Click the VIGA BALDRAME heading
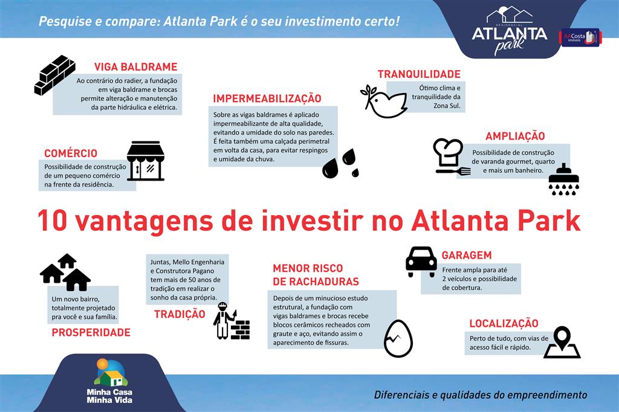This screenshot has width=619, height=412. pyautogui.click(x=136, y=66)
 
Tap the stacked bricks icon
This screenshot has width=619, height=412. pyautogui.click(x=54, y=75)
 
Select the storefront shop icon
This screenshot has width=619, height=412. pyautogui.click(x=146, y=161)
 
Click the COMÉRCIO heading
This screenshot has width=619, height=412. pyautogui.click(x=71, y=153)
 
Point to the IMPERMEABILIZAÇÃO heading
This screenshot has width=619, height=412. pyautogui.click(x=267, y=98)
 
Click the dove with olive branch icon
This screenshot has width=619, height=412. pyautogui.click(x=383, y=101)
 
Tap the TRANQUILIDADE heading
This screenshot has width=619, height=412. pyautogui.click(x=419, y=74)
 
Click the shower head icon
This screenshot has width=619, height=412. pyautogui.click(x=564, y=179)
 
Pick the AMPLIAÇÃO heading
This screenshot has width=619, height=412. pyautogui.click(x=515, y=136)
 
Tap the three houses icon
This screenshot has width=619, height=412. pyautogui.click(x=65, y=272)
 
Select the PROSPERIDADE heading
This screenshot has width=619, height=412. pyautogui.click(x=91, y=332)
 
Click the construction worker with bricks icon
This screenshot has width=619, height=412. pyautogui.click(x=232, y=321)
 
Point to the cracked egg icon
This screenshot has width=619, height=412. pyautogui.click(x=398, y=338)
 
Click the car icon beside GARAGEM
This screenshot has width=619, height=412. pyautogui.click(x=421, y=262)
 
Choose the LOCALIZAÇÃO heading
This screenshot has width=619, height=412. pyautogui.click(x=504, y=324)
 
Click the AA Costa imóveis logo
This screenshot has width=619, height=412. pyautogui.click(x=580, y=37)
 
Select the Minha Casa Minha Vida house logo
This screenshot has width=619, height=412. pyautogui.click(x=110, y=373)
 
